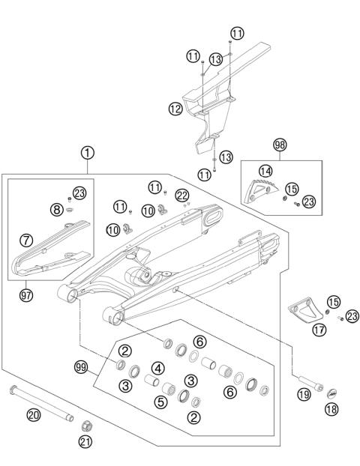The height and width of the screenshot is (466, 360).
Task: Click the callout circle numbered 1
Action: [88, 153]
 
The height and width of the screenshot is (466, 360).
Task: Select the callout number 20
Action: [33, 414]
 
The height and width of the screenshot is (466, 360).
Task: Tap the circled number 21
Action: [86, 443]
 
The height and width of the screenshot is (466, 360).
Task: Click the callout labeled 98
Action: [280, 144]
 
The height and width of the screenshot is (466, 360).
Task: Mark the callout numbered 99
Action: [80, 367]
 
